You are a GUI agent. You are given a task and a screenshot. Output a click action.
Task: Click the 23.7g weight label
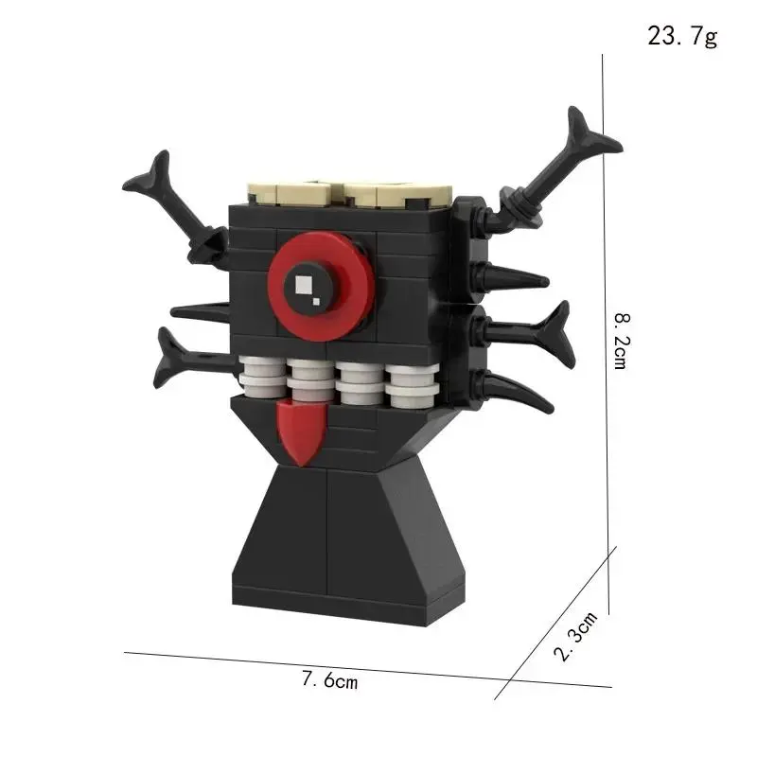682,36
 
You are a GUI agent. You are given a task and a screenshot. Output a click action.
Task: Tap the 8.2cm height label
623,341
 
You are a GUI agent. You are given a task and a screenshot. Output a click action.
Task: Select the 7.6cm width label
330,679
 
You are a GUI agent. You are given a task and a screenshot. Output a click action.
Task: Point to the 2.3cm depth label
576,636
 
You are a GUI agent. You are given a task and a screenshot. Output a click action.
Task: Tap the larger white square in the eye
304,285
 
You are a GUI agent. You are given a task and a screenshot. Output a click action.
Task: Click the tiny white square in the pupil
316,302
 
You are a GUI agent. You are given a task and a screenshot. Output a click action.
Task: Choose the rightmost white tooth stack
413,385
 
